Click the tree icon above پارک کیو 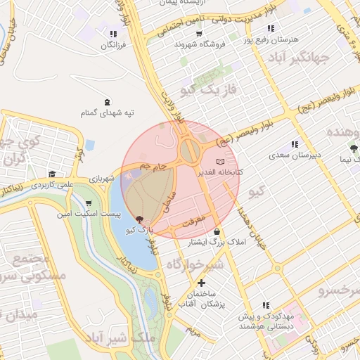[139, 220]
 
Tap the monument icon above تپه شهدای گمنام [107, 103]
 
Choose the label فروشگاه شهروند [200, 44]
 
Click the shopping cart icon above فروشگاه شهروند [200, 34]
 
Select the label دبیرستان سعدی [297, 154]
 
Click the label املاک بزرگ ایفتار [210, 243]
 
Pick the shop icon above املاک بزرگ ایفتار [216, 232]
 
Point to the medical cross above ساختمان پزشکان [202, 283]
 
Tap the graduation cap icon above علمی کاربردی [51, 174]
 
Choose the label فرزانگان [112, 44]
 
